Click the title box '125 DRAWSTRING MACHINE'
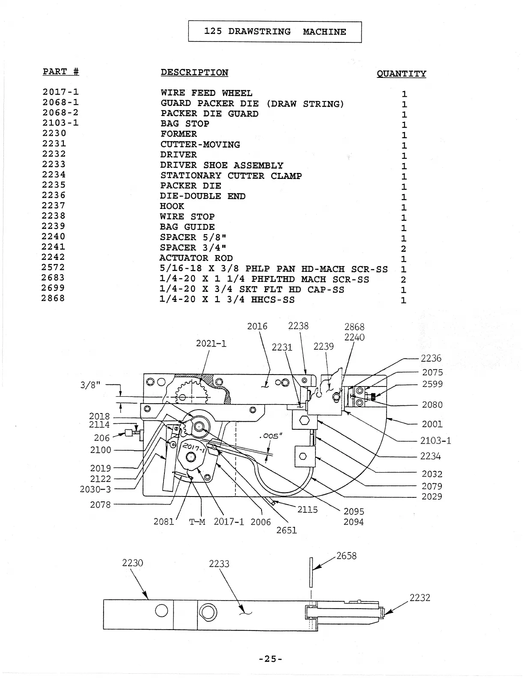(x=275, y=32)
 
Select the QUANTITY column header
(x=401, y=74)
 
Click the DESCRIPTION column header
(x=194, y=72)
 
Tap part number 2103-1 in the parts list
(x=60, y=123)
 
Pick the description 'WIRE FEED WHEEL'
(x=206, y=93)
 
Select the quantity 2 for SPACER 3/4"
(x=403, y=249)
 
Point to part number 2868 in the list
(x=53, y=298)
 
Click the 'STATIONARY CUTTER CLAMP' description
(x=231, y=175)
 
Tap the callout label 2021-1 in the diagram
(x=211, y=343)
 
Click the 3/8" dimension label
(x=90, y=384)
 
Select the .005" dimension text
(x=271, y=436)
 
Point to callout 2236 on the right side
(x=431, y=358)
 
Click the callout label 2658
(x=346, y=556)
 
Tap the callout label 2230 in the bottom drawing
(x=132, y=562)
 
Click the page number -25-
(x=271, y=659)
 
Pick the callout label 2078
(x=100, y=505)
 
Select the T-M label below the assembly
(x=197, y=522)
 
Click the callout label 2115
(x=307, y=509)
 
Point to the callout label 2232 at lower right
(x=420, y=598)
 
